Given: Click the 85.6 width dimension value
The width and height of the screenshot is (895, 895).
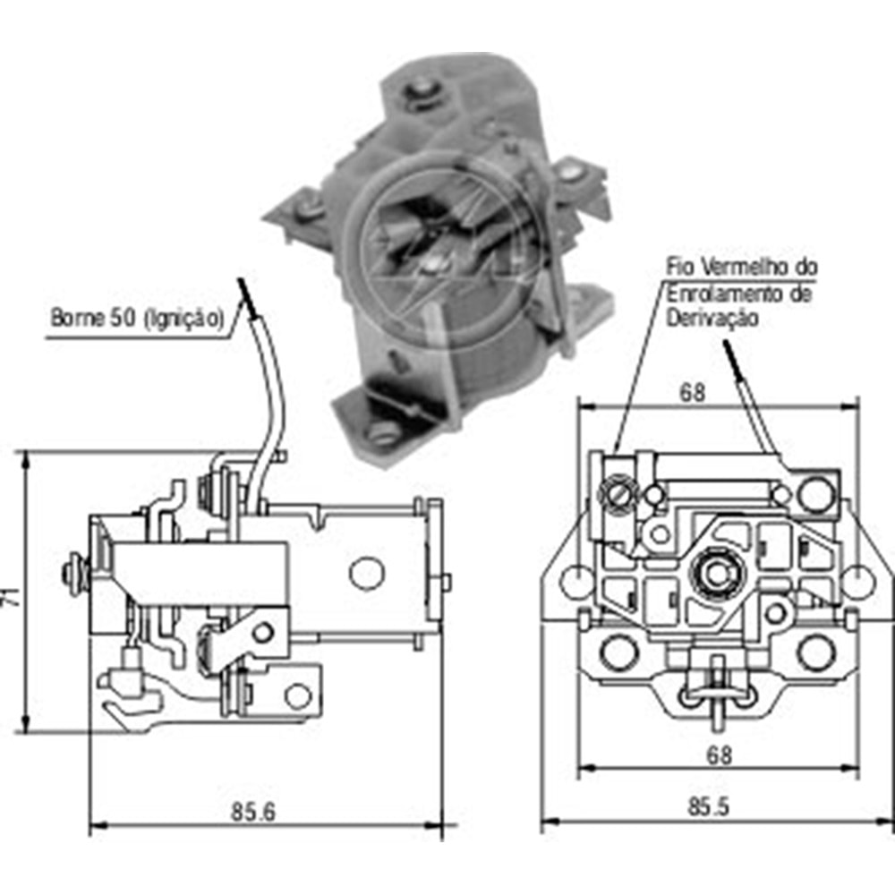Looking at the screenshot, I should point(254,813).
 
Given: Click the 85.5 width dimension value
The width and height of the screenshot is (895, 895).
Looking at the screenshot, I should point(708,806).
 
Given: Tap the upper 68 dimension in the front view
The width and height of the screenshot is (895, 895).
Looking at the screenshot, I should point(692,392).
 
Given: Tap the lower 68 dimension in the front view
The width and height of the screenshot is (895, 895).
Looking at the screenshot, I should point(718,755).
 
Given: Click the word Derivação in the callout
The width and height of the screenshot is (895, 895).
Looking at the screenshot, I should point(711,318).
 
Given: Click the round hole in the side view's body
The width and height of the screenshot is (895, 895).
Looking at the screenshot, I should point(364,573).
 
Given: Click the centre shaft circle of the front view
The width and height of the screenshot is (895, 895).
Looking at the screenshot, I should point(715,569).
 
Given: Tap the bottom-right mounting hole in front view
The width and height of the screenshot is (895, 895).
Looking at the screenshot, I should point(815,652).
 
